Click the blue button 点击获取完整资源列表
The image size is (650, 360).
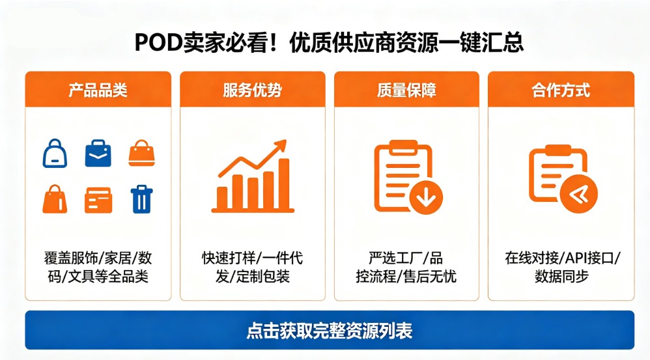[329, 330]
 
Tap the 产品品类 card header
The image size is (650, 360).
[98, 90]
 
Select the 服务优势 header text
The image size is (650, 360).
[252, 90]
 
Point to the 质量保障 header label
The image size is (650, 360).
[406, 90]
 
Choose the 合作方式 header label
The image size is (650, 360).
[561, 90]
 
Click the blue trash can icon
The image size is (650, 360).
[141, 199]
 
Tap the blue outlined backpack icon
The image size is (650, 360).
[55, 154]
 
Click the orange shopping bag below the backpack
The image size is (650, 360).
[55, 199]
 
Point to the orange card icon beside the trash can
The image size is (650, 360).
[98, 200]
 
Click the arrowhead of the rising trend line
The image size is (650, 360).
[281, 146]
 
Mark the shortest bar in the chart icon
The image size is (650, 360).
[223, 197]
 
